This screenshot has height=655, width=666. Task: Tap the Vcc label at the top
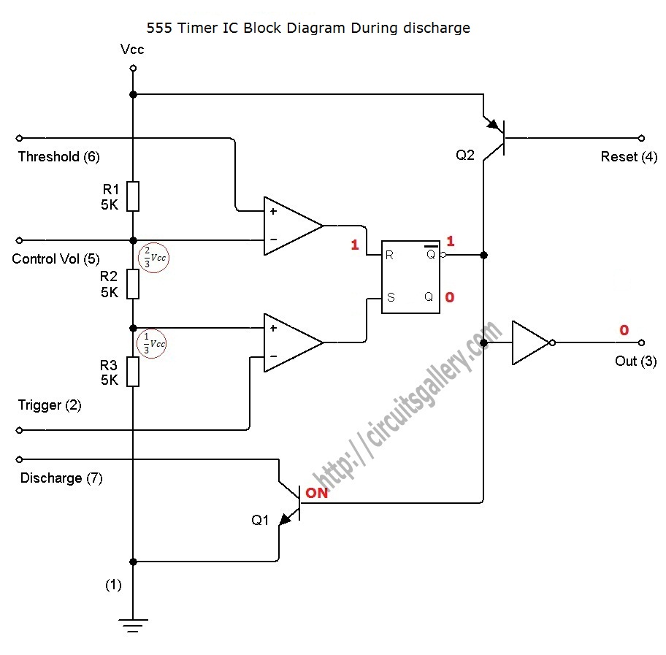coord(132,50)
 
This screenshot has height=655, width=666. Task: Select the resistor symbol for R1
coord(132,196)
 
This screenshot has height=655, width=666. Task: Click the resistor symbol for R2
coord(132,283)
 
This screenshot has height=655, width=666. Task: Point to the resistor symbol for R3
coord(132,371)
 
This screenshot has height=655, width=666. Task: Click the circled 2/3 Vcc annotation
coord(153,258)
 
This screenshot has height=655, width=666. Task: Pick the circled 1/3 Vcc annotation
coord(153,343)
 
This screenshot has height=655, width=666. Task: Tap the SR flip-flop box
coord(410,277)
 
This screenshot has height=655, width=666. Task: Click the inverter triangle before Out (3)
coord(531,342)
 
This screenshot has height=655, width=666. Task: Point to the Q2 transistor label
coord(465,156)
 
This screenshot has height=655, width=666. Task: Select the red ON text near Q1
coord(317,493)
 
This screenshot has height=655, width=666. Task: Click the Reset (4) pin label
coord(629,156)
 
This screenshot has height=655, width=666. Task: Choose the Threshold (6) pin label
coord(58,156)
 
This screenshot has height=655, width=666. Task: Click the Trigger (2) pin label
coord(50,405)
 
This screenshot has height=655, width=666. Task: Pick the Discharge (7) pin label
coord(61,478)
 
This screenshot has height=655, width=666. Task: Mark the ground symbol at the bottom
coord(132,624)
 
